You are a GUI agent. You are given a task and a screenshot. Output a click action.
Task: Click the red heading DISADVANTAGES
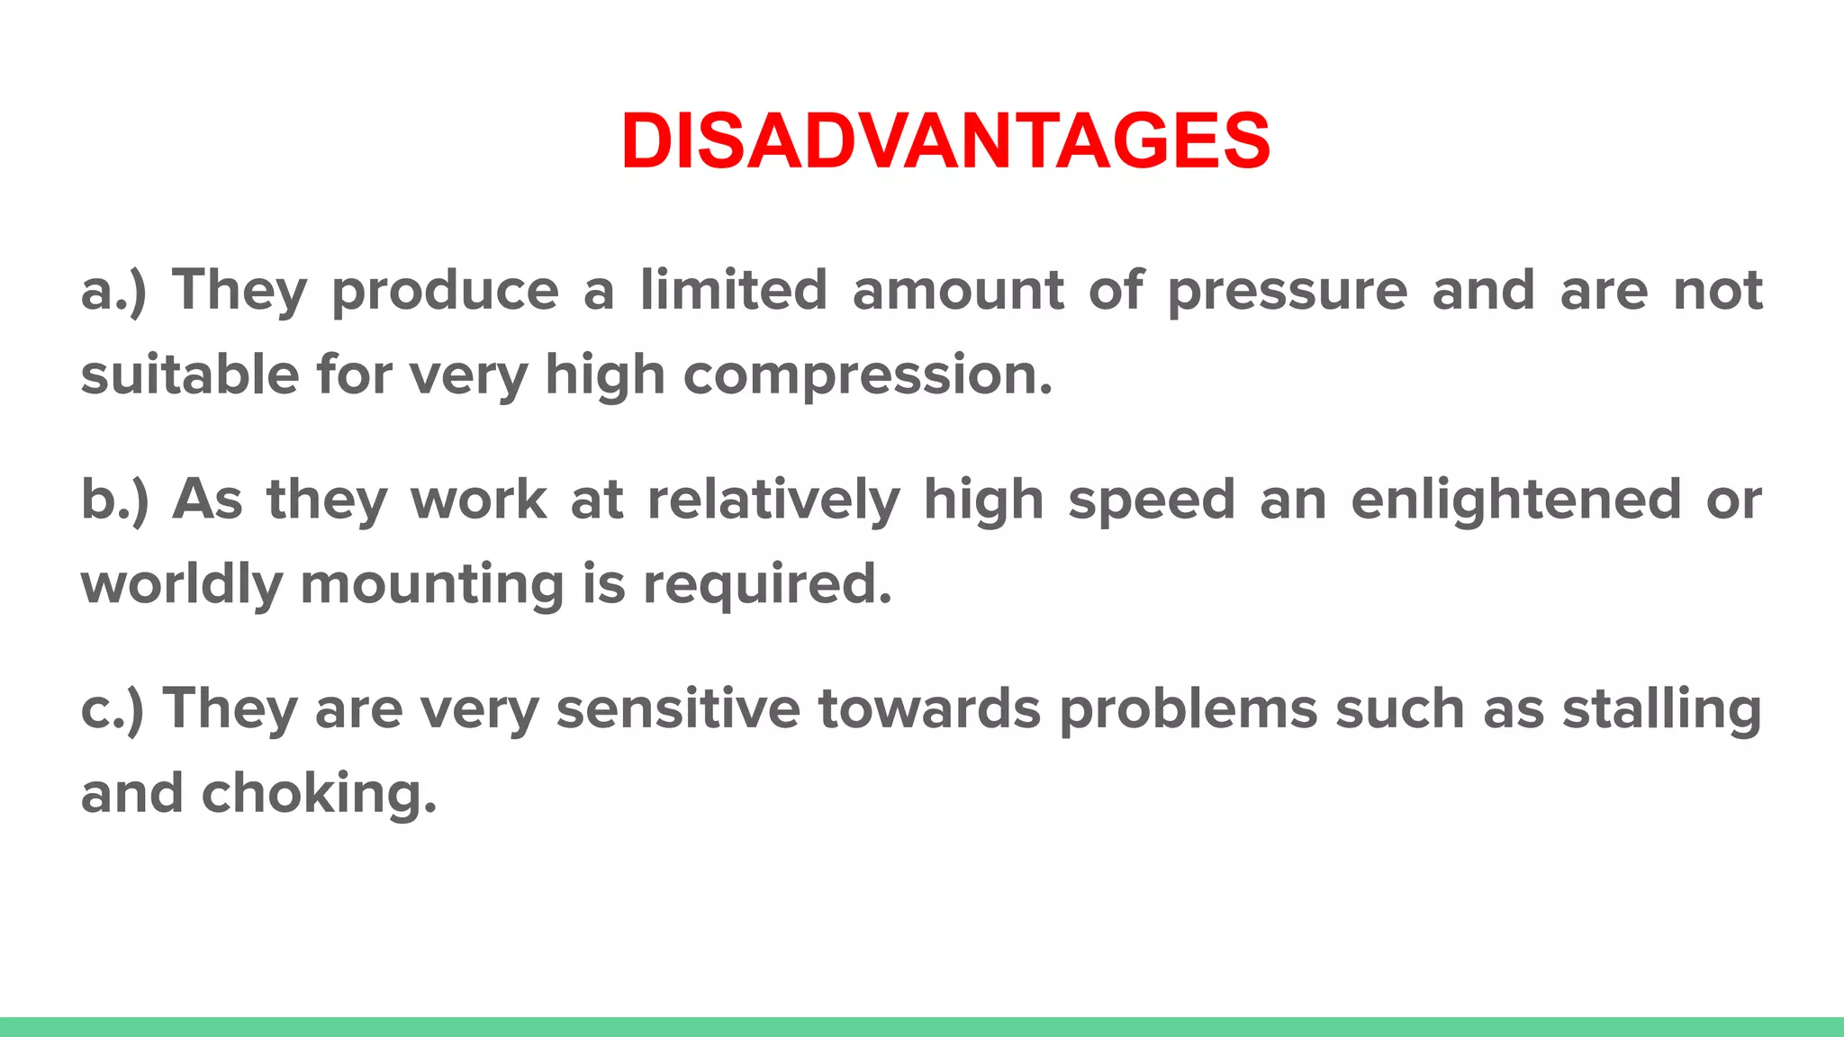pos(945,140)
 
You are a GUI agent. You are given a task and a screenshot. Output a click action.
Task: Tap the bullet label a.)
pos(113,292)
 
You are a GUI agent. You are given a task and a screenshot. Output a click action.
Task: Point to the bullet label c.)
pos(112,709)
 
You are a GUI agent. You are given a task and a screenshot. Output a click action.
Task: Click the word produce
pos(446,292)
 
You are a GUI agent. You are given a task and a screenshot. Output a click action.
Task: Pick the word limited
pos(734,290)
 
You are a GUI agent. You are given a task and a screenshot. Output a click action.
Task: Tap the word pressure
pos(1288,292)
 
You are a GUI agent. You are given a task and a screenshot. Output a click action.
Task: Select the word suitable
pos(190,374)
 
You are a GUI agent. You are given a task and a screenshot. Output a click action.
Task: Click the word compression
pos(867,376)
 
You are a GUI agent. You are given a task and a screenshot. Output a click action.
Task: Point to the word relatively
pos(773,500)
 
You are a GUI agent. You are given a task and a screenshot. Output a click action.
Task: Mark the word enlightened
pos(1516,500)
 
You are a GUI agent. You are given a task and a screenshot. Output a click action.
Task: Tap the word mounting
pos(431,585)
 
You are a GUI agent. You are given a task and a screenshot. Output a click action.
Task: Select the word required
pos(767,585)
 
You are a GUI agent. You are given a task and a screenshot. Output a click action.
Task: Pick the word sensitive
pos(678,708)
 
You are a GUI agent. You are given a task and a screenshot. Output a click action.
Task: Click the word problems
pos(1188,708)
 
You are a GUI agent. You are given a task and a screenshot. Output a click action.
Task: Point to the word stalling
pos(1662,709)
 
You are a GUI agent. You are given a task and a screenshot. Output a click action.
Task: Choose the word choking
pos(319,794)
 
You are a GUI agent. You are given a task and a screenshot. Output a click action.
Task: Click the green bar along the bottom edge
pos(922,1027)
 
